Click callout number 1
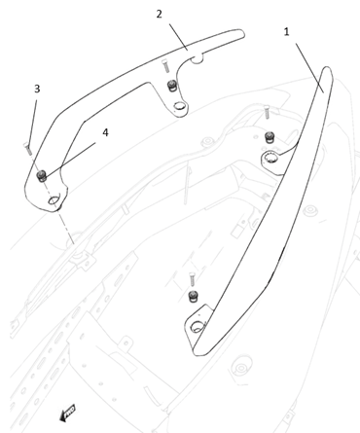pos(286,32)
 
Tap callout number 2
pos(159,14)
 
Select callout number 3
pos(37,89)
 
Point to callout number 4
pos(105,132)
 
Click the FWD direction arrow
pos(68,414)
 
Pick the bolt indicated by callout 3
pos(27,148)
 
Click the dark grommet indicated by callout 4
pos(42,176)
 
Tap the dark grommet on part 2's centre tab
pos(171,87)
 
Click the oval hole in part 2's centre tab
pos(179,106)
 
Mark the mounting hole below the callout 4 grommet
pos(54,200)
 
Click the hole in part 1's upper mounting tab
pos(270,158)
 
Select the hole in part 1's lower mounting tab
pos(198,326)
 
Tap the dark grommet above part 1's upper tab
pos(270,137)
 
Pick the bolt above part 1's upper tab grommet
pos(267,112)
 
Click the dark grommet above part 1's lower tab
pos(194,296)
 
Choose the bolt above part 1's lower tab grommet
pos(192,279)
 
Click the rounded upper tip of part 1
pos(328,69)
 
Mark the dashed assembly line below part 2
pos(65,225)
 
